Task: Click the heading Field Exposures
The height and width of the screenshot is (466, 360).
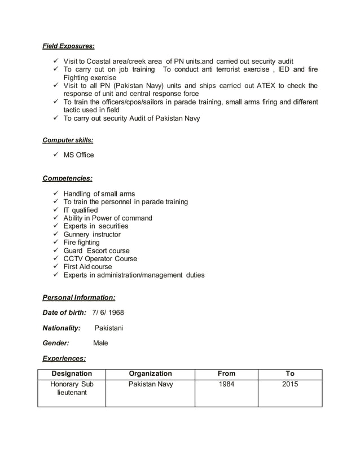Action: tap(69, 45)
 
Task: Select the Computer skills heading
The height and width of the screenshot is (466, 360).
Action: tap(68, 140)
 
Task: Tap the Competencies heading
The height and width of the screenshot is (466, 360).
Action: tap(68, 178)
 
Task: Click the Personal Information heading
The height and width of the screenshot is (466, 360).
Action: tap(79, 297)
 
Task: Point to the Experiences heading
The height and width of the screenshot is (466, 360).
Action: tap(64, 358)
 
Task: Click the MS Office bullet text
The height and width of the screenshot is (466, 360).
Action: tap(78, 155)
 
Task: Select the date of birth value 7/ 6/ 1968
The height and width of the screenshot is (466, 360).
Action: tap(108, 313)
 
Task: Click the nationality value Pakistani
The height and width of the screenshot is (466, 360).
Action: tap(108, 328)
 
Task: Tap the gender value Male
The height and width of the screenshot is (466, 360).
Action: tap(100, 343)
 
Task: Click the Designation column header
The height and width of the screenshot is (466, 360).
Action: tap(72, 373)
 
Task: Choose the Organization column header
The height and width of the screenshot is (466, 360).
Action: tap(150, 373)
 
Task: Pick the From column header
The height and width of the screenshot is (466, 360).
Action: tap(226, 373)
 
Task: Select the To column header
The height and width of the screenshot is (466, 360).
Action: tap(290, 373)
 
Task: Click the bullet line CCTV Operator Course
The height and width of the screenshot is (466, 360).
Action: tap(100, 259)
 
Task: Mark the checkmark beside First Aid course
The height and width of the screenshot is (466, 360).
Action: tap(55, 267)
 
